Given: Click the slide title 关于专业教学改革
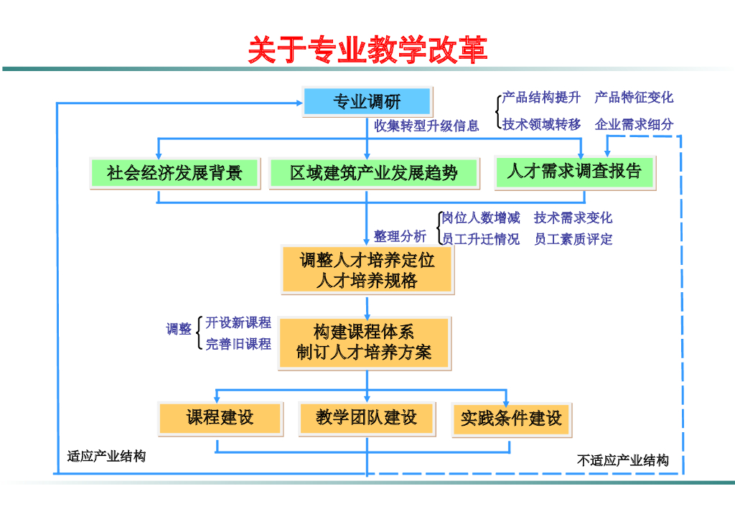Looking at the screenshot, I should click(x=367, y=50).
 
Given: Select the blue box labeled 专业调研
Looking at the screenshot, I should click(x=367, y=102).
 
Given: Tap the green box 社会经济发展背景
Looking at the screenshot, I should click(x=174, y=173).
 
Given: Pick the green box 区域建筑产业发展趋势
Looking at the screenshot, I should click(x=373, y=173).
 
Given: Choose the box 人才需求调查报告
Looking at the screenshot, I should click(x=574, y=172).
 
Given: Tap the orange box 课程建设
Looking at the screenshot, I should click(x=220, y=418).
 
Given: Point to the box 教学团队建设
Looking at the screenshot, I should click(x=366, y=418).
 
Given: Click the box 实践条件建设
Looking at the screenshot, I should click(x=511, y=419).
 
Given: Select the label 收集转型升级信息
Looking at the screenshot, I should click(x=426, y=126).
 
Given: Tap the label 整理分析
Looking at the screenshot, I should click(x=400, y=236).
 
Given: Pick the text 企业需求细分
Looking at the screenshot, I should click(x=634, y=124).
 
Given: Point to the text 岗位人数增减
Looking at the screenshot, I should click(x=481, y=218).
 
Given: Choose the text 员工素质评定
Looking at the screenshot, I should click(x=573, y=240).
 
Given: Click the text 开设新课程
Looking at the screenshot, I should click(x=238, y=323).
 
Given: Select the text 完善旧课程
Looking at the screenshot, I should click(x=238, y=345).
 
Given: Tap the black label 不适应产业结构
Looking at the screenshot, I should click(x=623, y=461).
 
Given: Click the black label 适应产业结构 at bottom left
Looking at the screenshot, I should click(x=106, y=457).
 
